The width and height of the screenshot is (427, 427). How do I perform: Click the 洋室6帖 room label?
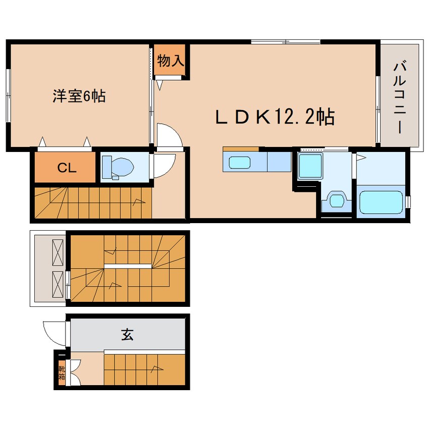pos(79,96)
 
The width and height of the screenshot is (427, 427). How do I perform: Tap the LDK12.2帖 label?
pos(275,117)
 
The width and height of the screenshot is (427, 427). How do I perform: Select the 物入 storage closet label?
pos(171,60)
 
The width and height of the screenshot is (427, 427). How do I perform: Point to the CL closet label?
pos(67,168)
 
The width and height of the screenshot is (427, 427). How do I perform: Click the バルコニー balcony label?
pos(400,98)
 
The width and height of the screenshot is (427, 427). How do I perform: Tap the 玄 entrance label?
pos(127,335)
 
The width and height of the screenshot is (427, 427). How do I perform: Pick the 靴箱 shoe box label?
pos(62,373)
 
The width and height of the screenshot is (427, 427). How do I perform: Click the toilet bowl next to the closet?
pos(118,167)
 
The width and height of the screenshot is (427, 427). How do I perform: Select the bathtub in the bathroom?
pos(381,202)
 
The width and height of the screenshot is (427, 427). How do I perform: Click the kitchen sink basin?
pos(239,163)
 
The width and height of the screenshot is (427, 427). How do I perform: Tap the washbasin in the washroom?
pos(337,201)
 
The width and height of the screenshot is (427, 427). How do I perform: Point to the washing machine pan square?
pos(310,166)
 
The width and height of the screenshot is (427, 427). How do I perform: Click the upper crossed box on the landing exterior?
pos(58,252)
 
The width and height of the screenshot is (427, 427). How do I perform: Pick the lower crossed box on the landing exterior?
pos(58,284)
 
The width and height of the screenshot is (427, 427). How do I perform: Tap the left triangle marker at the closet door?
pos(42,142)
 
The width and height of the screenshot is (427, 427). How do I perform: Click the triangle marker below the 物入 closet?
pos(159,85)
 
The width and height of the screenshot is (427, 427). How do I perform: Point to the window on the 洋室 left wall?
pos(8,95)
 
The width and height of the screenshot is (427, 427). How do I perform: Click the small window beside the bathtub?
pos(408,202)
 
